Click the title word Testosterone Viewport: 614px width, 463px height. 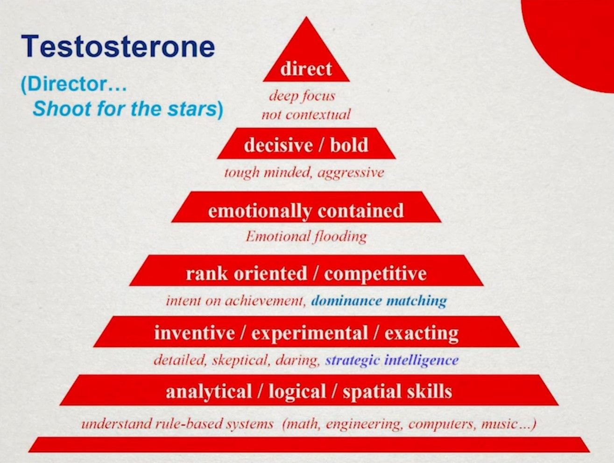click(118, 46)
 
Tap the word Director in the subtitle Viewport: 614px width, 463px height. click(70, 84)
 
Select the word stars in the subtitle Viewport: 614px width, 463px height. click(191, 109)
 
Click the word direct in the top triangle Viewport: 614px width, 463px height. click(306, 69)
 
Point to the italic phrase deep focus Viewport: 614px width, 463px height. click(302, 96)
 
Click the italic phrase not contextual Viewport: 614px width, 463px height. click(306, 114)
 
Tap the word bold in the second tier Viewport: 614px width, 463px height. click(349, 145)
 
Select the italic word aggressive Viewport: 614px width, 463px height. click(351, 173)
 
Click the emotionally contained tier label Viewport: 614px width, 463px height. click(306, 210)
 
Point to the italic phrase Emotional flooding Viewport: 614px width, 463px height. click(306, 237)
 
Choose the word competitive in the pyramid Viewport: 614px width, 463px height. click(375, 274)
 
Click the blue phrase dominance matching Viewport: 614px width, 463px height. click(379, 301)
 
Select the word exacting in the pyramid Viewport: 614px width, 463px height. click(421, 333)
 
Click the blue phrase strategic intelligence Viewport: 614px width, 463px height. click(392, 360)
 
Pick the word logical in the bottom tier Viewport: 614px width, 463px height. click(297, 391)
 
